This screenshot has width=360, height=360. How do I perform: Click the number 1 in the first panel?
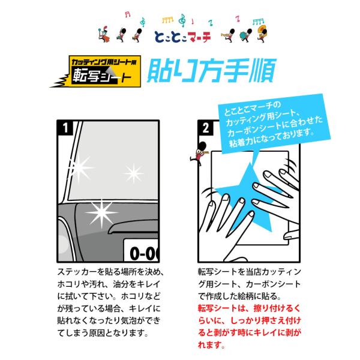point(65,128)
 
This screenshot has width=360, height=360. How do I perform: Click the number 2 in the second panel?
point(206,128)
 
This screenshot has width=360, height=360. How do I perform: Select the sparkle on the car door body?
point(102,212)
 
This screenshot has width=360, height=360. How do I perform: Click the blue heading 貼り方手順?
point(211,70)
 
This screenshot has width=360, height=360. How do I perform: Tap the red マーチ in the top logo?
point(199,37)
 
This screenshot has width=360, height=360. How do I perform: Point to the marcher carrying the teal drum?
point(245,35)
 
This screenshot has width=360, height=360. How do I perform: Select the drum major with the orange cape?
point(104,34)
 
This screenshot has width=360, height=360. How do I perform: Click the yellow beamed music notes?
point(167,20)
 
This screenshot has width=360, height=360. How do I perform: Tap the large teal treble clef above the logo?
point(182,20)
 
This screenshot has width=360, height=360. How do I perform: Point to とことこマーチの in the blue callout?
point(252,109)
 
